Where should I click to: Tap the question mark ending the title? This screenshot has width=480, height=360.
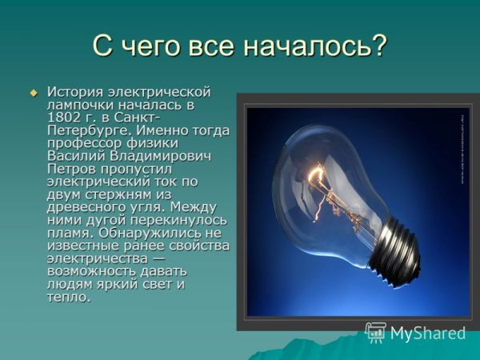[x=378, y=46]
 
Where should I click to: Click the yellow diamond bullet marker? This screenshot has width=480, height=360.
[x=34, y=94]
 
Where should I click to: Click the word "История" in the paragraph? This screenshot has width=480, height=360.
[x=76, y=92]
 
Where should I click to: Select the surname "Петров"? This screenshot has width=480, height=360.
[x=70, y=169]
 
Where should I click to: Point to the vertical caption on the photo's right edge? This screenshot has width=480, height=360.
[x=462, y=148]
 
